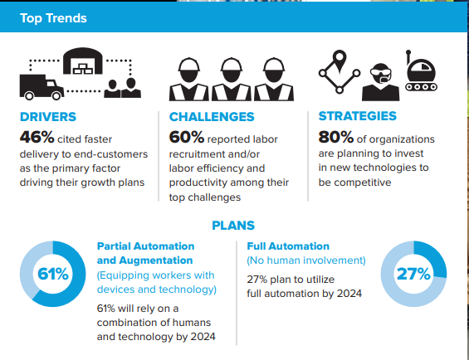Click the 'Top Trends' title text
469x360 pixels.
click(53, 18)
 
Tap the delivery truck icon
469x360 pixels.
click(42, 87)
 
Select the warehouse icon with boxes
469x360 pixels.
click(83, 61)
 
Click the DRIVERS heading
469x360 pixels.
click(48, 117)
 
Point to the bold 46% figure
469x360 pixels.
click(37, 137)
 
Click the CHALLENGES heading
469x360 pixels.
click(212, 117)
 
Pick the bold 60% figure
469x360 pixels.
click(187, 137)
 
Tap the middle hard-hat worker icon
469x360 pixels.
click(232, 80)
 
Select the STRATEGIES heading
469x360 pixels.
click(358, 116)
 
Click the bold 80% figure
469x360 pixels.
click(336, 137)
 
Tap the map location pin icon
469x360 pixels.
click(340, 61)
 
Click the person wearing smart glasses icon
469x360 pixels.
click(380, 82)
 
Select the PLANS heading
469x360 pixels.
click(233, 226)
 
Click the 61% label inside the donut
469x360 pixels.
click(53, 274)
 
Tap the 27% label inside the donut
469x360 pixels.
click(413, 274)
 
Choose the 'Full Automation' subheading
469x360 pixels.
click(288, 246)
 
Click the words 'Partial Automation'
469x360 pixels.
click(145, 246)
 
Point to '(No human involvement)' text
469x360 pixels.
click(306, 260)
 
